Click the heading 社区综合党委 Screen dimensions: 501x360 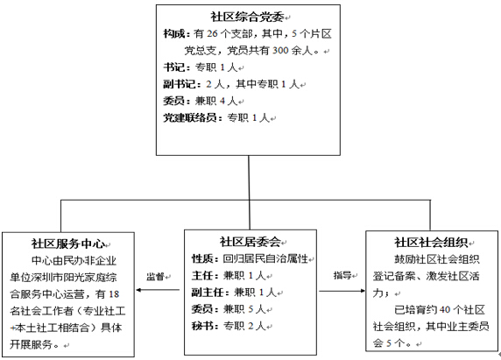pos(247,17)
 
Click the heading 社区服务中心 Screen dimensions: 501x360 pos(68,244)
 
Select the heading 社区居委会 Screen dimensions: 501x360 pos(250,242)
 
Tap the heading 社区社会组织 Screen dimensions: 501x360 pos(431,243)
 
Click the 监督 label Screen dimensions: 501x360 pos(155,277)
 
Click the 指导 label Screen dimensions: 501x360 pos(342,275)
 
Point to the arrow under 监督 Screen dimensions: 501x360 pos(158,290)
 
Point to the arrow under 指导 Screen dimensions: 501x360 pos(342,291)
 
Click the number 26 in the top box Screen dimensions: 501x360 pos(213,33)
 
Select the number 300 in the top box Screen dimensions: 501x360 pos(280,51)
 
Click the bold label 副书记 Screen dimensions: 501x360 pos(180,84)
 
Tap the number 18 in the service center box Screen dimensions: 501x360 pos(114,294)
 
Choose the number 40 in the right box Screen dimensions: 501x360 pos(445,309)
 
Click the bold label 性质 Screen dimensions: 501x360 pos(202,258)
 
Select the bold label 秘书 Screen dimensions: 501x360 pos(202,326)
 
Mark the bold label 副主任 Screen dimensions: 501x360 pos(208,292)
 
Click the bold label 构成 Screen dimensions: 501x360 pos(174,33)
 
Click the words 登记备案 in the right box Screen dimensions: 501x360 pos(394,276)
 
